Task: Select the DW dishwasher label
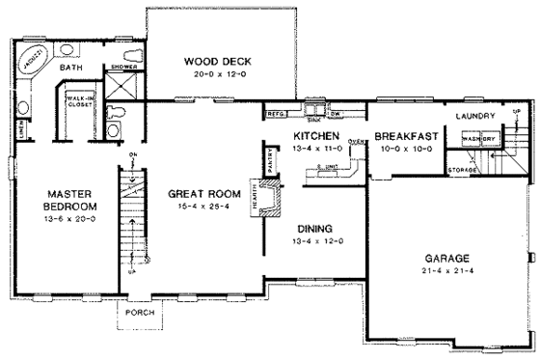point(337,113)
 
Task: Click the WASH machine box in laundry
point(472,139)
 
